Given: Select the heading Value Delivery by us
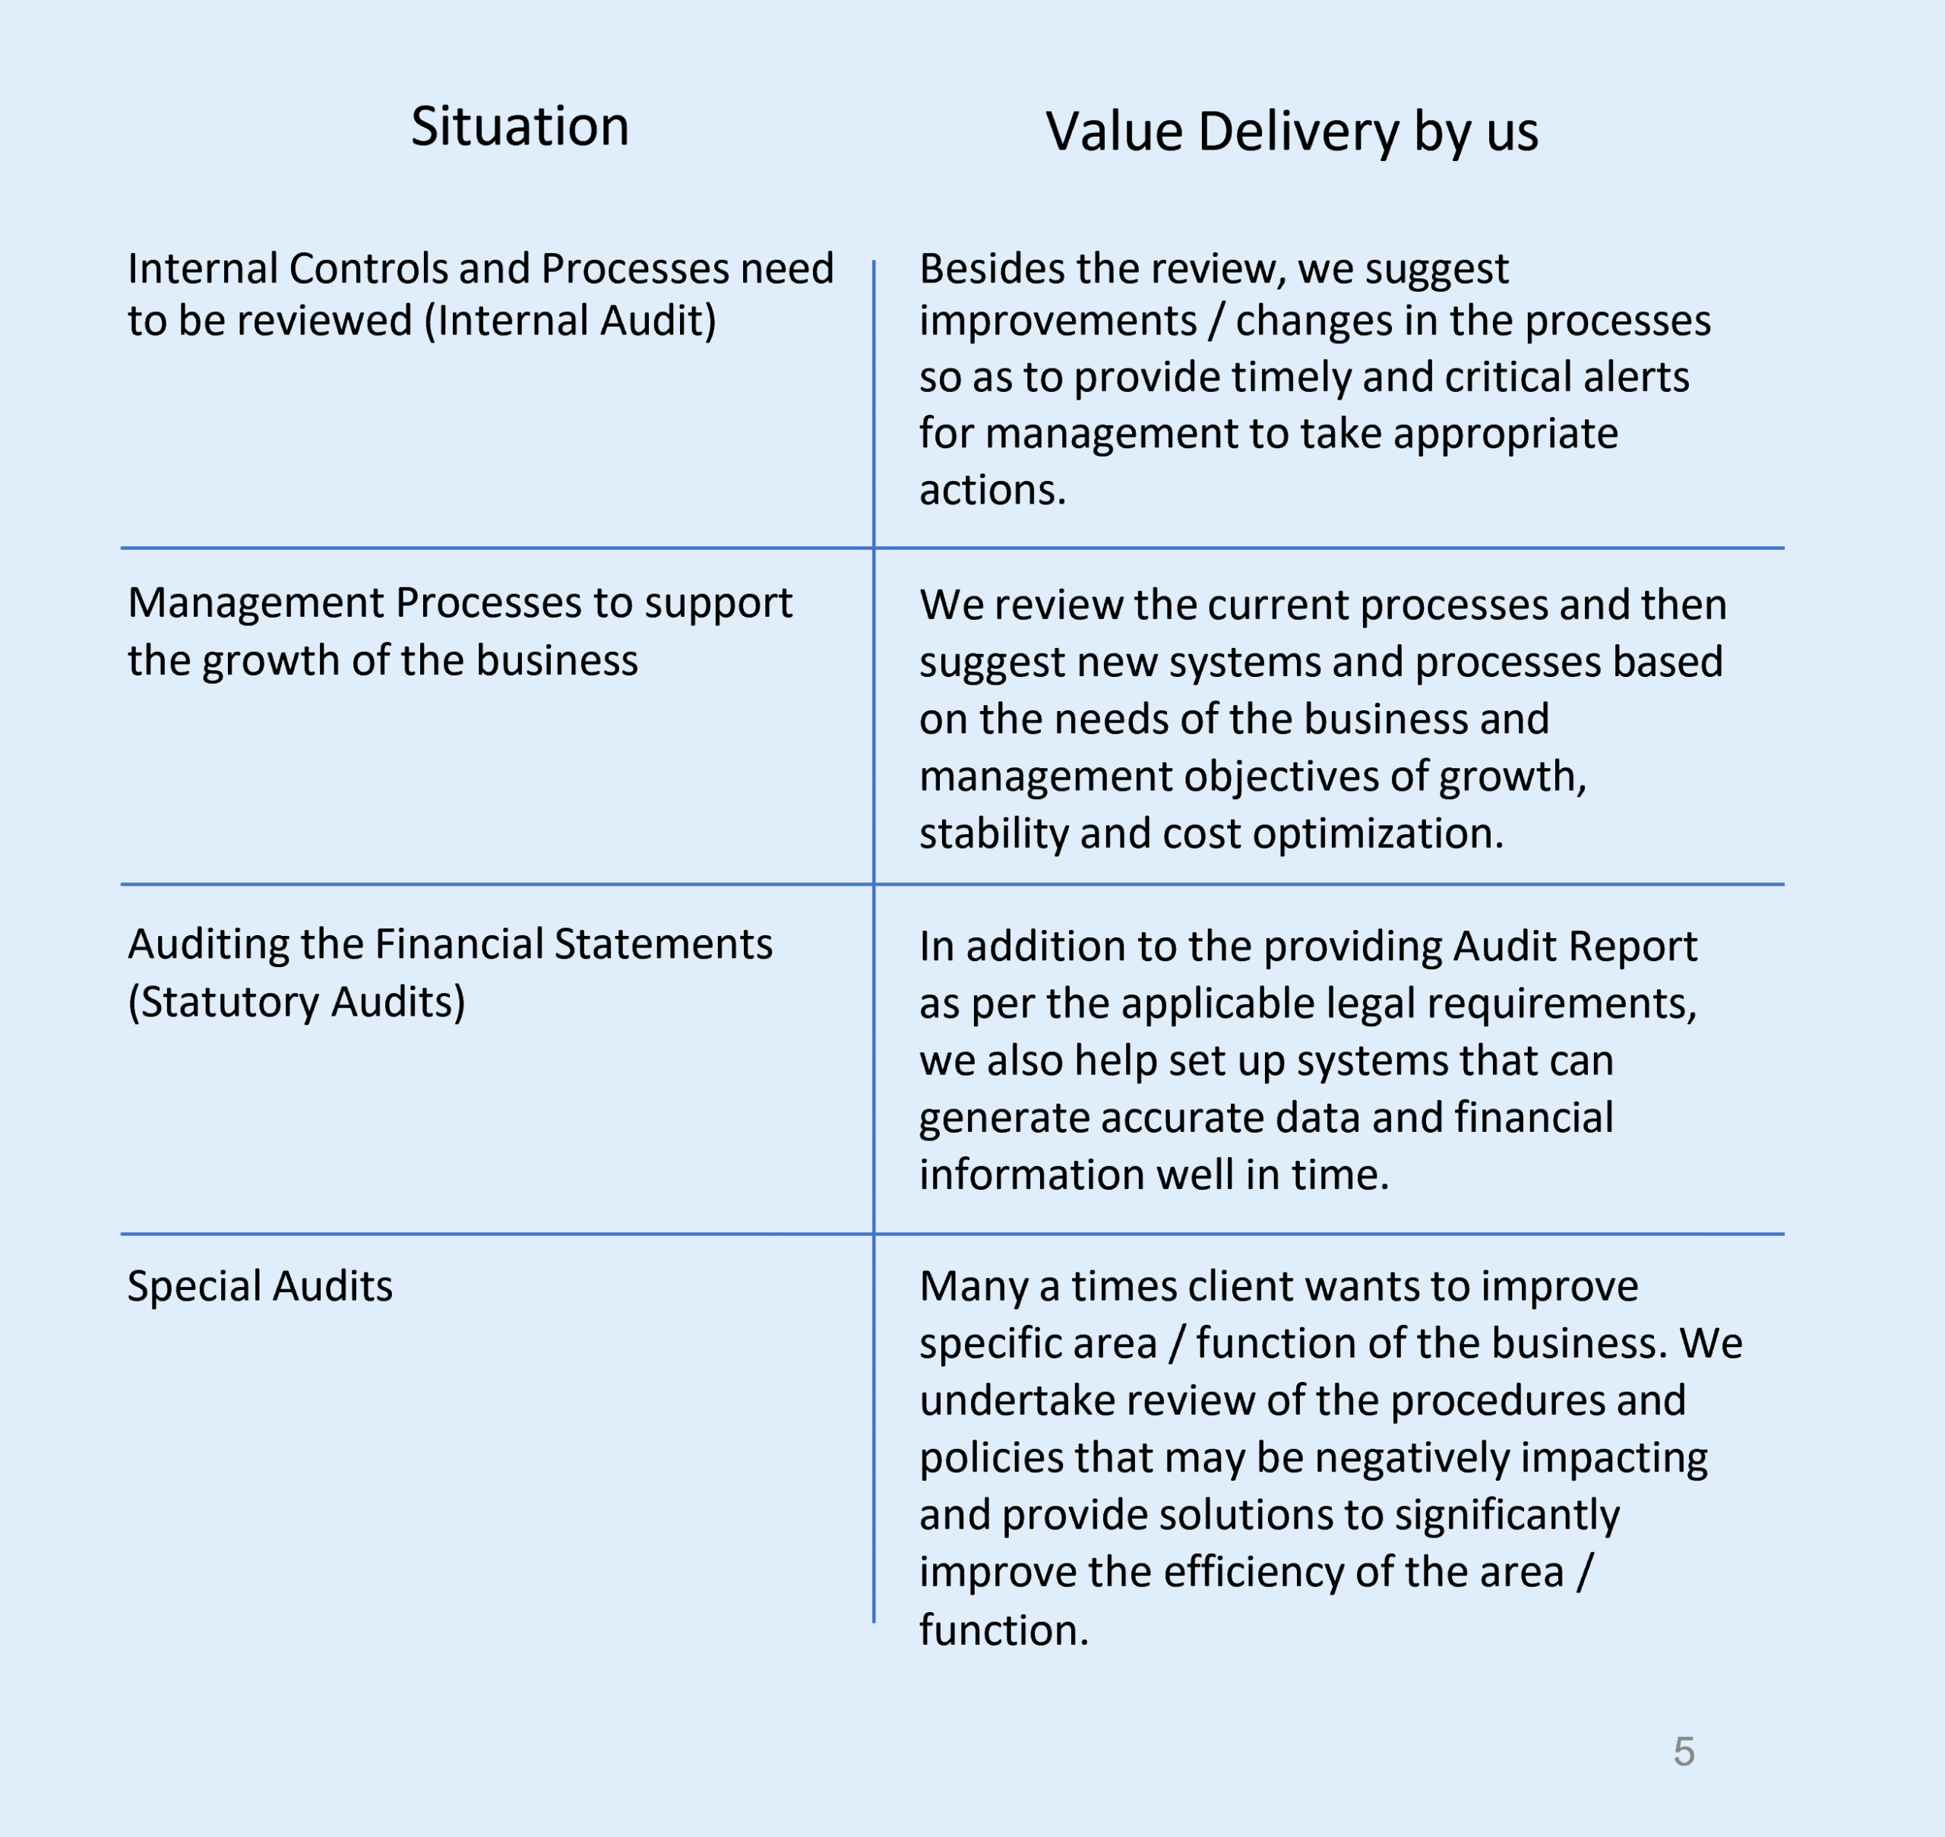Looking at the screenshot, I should click(1291, 131).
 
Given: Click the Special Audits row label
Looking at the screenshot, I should click(260, 1285).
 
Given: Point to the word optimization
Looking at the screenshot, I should click(1377, 833).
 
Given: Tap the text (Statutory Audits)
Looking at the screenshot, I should click(296, 1002).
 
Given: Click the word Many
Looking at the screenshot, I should click(972, 1285).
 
